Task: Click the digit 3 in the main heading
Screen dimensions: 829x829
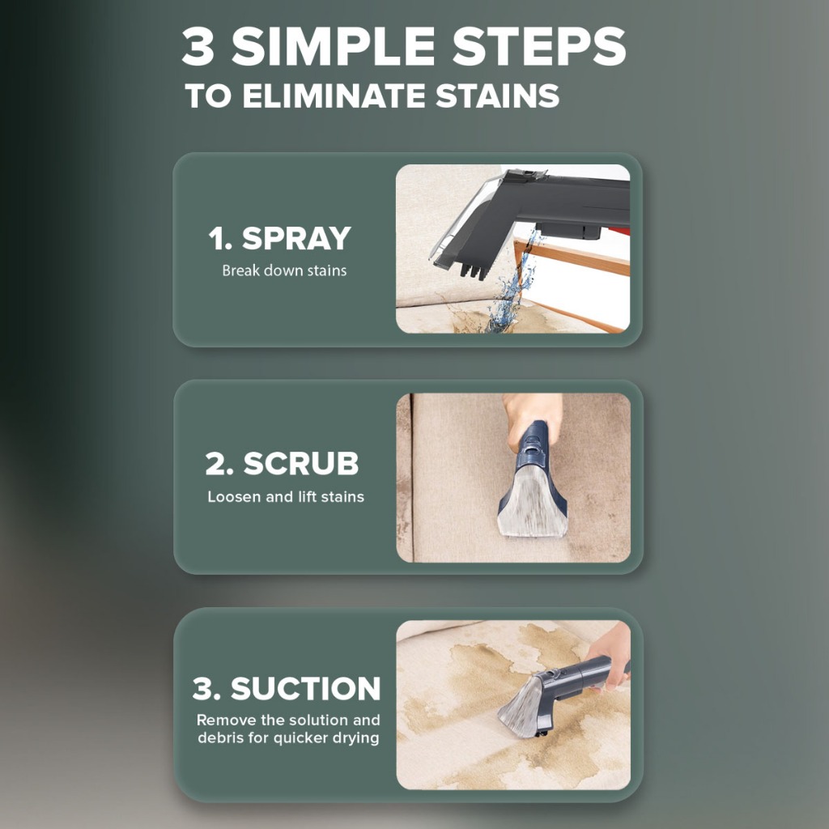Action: coord(198,45)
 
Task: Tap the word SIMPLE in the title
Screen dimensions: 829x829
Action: coord(333,45)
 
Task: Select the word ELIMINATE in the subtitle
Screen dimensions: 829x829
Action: coord(334,96)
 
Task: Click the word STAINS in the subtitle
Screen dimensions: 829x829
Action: coord(497,96)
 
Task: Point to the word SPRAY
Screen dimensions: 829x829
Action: coord(296,238)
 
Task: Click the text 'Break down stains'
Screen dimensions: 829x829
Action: coord(284,270)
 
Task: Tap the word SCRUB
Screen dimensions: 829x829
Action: coord(301,463)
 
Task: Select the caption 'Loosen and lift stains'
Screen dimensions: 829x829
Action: coord(286,496)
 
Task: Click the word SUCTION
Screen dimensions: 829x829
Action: coord(305,688)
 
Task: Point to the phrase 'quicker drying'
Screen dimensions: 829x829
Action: coord(325,738)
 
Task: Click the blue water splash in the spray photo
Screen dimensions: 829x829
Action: coord(512,288)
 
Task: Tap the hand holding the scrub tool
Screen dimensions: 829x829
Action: coord(531,418)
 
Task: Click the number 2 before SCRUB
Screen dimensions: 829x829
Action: coord(216,464)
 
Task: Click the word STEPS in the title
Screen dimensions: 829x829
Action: coord(538,45)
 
